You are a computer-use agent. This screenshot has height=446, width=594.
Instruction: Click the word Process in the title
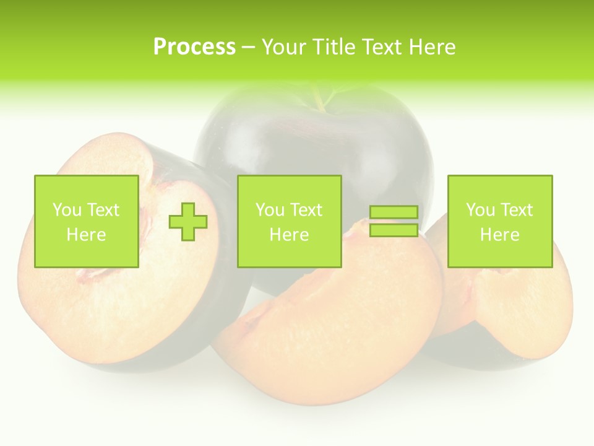tap(194, 47)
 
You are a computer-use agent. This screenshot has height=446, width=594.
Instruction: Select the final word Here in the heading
tap(431, 47)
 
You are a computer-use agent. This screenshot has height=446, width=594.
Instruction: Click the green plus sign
tap(189, 221)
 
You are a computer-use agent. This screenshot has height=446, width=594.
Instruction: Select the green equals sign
tap(394, 221)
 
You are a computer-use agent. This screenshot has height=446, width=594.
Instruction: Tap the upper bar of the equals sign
tap(394, 212)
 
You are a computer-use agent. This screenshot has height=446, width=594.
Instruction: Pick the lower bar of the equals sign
tap(394, 230)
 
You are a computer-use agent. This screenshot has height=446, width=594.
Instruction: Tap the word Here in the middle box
tap(290, 235)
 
